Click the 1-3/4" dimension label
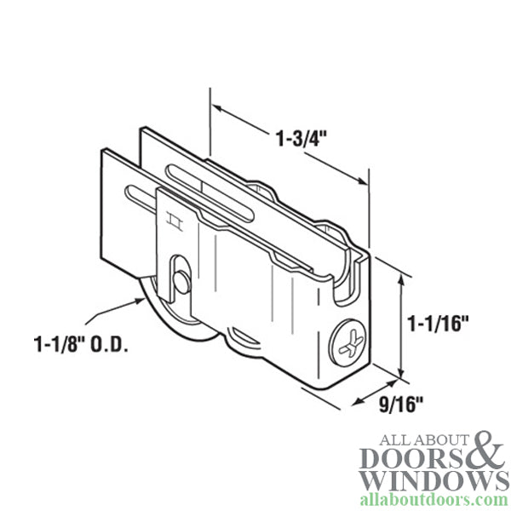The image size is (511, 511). point(303,136)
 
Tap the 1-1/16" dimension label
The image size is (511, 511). point(439,324)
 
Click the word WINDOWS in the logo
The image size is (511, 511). point(435,480)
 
